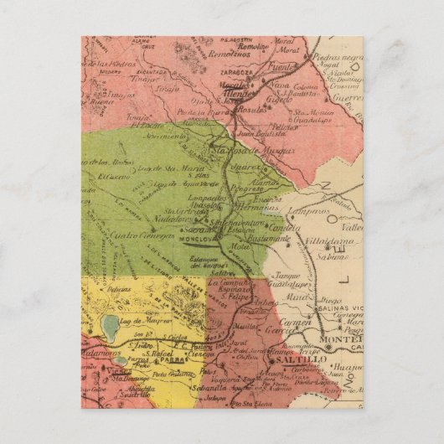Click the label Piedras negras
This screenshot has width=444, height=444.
338,58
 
